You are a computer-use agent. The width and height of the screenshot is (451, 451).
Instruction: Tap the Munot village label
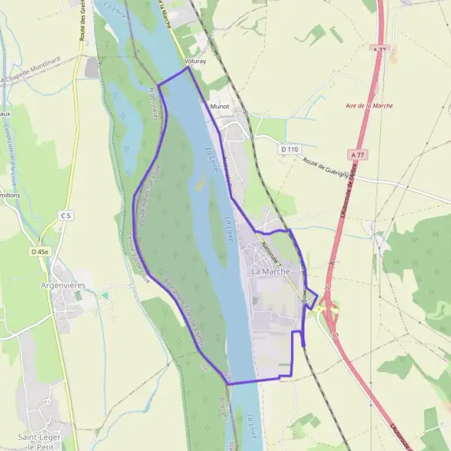pyautogui.click(x=220, y=107)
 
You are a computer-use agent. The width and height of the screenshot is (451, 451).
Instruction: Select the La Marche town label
pyautogui.click(x=271, y=271)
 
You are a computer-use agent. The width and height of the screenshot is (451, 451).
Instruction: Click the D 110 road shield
pyautogui.click(x=289, y=150)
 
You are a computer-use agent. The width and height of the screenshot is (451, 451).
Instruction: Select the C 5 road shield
pyautogui.click(x=66, y=216)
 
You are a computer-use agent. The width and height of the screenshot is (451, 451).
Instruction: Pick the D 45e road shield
pyautogui.click(x=41, y=251)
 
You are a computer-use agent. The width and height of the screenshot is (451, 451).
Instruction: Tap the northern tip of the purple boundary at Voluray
pyautogui.click(x=187, y=68)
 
